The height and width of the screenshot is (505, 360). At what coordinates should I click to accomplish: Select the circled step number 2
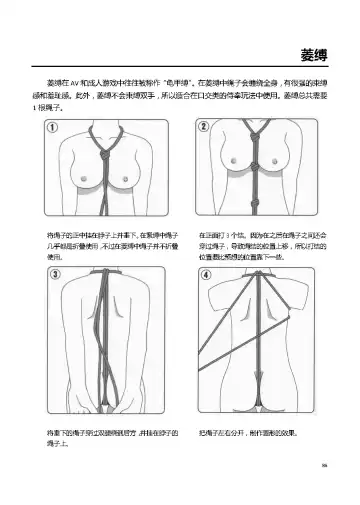204,127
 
